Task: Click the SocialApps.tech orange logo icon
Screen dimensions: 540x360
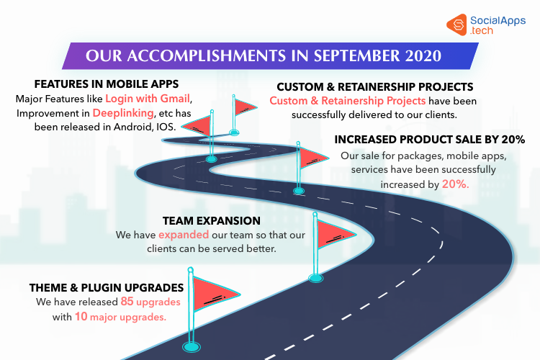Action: [x=456, y=24]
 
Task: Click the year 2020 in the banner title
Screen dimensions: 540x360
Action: [x=423, y=56]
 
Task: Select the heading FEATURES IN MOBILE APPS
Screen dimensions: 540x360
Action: [x=107, y=84]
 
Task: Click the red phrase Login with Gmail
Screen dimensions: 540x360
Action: [x=148, y=99]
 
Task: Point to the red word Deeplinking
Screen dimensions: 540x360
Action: [x=123, y=113]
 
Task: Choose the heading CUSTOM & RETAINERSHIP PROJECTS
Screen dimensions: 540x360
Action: [x=375, y=87]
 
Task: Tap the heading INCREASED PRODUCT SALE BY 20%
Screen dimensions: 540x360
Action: [x=429, y=140]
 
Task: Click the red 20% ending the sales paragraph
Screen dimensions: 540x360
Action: [x=455, y=184]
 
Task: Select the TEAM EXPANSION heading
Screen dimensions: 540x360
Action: [x=212, y=221]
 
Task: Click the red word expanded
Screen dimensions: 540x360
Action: [x=184, y=235]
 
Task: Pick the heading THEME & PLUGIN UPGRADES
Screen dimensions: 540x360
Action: [x=107, y=288]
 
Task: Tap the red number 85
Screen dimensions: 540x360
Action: [x=127, y=302]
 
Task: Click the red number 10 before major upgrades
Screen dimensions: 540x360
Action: [x=81, y=316]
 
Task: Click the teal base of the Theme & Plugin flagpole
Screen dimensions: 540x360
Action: [x=191, y=346]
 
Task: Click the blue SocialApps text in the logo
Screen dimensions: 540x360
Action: [x=498, y=21]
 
